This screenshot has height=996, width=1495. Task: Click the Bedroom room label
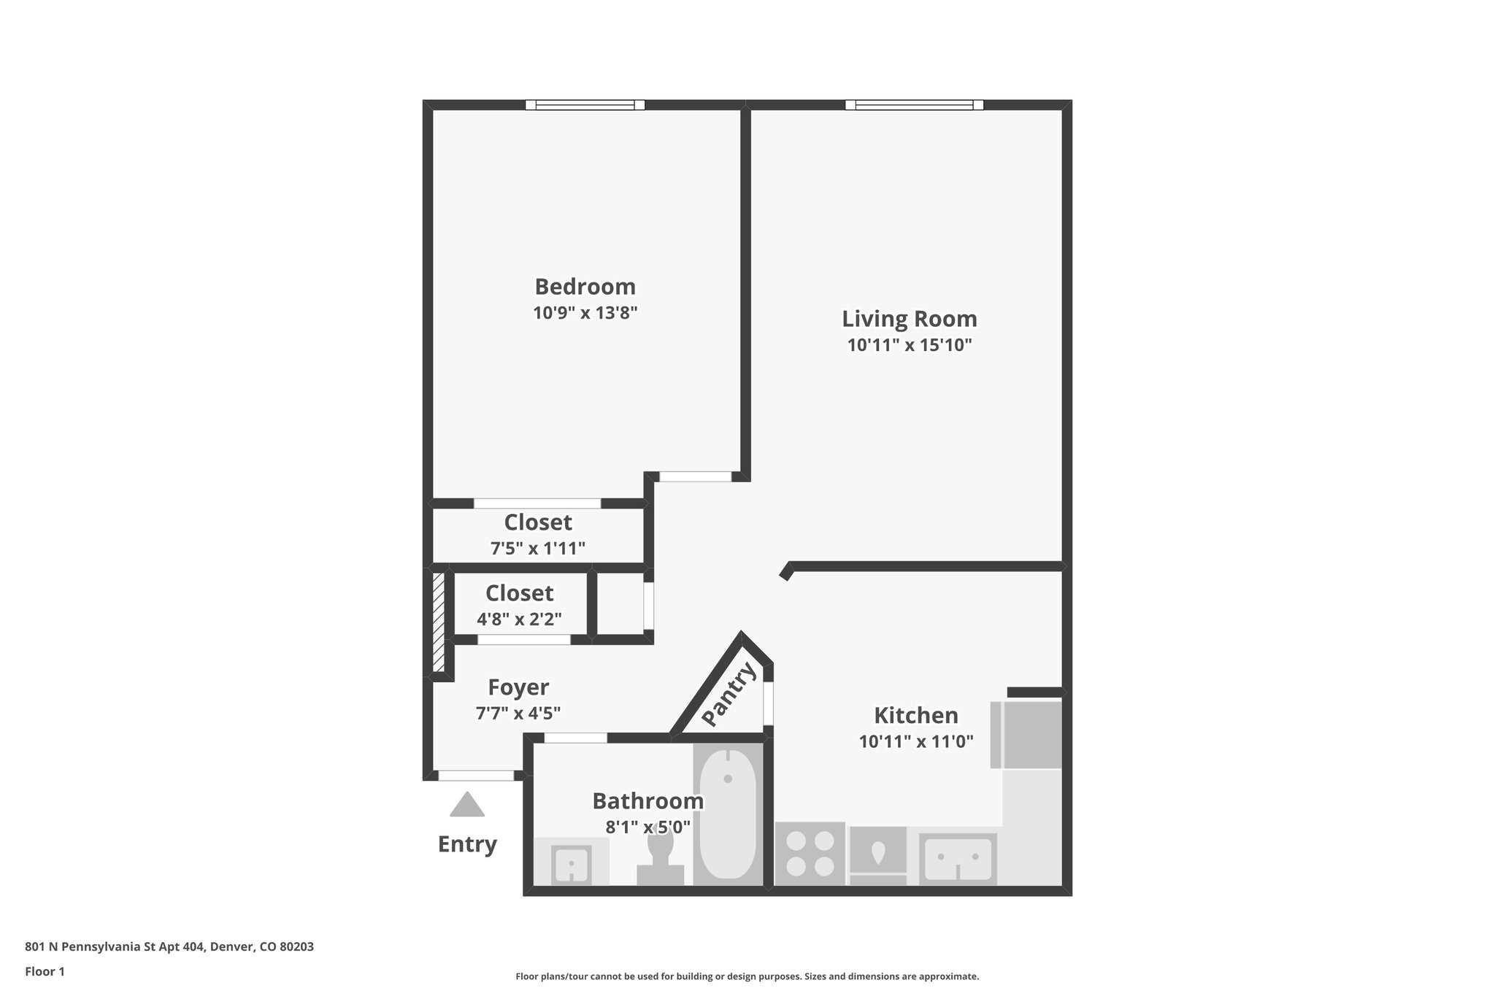click(585, 286)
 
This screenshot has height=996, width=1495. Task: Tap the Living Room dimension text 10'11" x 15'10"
click(909, 345)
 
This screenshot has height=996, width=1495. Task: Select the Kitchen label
click(915, 715)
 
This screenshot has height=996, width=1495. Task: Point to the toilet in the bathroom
click(660, 858)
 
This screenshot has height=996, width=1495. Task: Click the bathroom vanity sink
click(571, 864)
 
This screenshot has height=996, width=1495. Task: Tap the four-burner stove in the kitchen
click(810, 854)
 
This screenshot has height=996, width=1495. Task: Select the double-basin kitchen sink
click(958, 859)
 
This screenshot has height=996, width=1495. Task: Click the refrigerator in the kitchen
click(1031, 735)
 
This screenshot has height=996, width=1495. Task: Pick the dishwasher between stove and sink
click(878, 854)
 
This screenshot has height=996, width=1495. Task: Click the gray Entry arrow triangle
click(467, 806)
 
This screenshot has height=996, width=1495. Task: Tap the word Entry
click(467, 844)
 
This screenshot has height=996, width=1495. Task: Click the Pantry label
click(729, 695)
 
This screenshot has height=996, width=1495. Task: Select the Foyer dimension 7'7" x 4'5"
click(518, 713)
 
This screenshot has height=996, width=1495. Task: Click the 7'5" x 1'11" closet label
click(537, 548)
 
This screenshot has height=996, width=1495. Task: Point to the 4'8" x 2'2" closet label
click(519, 619)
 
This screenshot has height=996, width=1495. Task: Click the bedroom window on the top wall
click(585, 105)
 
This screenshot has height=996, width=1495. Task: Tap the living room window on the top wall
click(914, 105)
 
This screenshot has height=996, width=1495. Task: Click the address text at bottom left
click(169, 947)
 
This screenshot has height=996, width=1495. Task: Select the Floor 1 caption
click(45, 971)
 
